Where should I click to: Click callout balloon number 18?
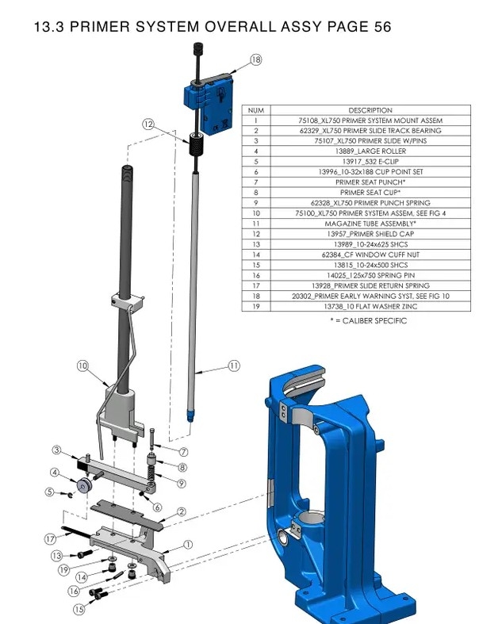point(255,59)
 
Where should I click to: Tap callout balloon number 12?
point(148,124)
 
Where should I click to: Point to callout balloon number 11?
point(233,366)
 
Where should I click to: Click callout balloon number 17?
point(50,538)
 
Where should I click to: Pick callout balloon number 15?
point(79,609)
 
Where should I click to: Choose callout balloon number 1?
point(188,544)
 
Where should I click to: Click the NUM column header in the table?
point(255,110)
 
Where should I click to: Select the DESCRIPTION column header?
point(370,110)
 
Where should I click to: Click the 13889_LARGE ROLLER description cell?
point(370,151)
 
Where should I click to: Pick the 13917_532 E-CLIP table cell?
point(370,161)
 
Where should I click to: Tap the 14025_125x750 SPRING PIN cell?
point(370,275)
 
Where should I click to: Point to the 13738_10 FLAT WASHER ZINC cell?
point(370,306)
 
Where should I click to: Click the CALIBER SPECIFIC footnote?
point(368,320)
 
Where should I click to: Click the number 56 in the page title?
point(382,28)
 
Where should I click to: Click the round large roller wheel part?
point(82,485)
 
